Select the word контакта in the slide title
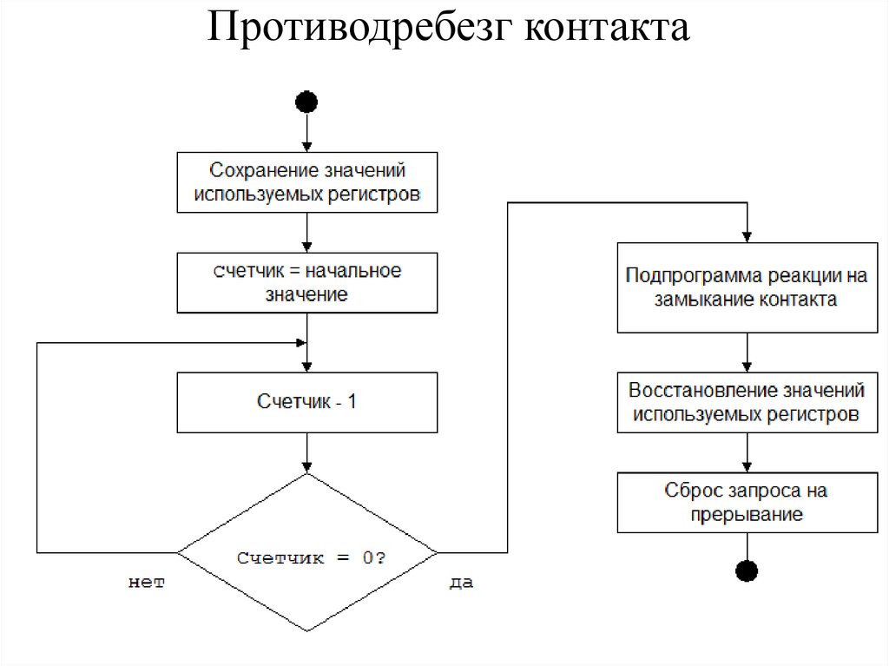tap(607, 29)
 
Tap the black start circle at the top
tap(306, 102)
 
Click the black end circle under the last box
tap(747, 570)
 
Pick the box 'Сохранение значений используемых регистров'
tap(307, 182)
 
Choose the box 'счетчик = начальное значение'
tap(307, 283)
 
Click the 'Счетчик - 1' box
tap(307, 403)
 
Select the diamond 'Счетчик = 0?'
tap(307, 552)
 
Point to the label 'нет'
tap(147, 583)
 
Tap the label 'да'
tap(461, 583)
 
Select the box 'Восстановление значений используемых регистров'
tap(747, 403)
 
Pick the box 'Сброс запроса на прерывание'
tap(747, 503)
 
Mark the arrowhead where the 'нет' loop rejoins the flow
tap(301, 342)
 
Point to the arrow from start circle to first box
tap(307, 133)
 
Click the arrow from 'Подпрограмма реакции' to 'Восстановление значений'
tap(747, 353)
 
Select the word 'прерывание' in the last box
tap(747, 515)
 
